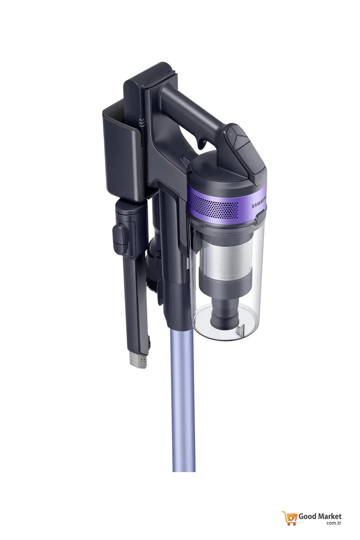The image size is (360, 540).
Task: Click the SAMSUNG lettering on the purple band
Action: point(259,202)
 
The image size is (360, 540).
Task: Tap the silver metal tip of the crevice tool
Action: point(138,360)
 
